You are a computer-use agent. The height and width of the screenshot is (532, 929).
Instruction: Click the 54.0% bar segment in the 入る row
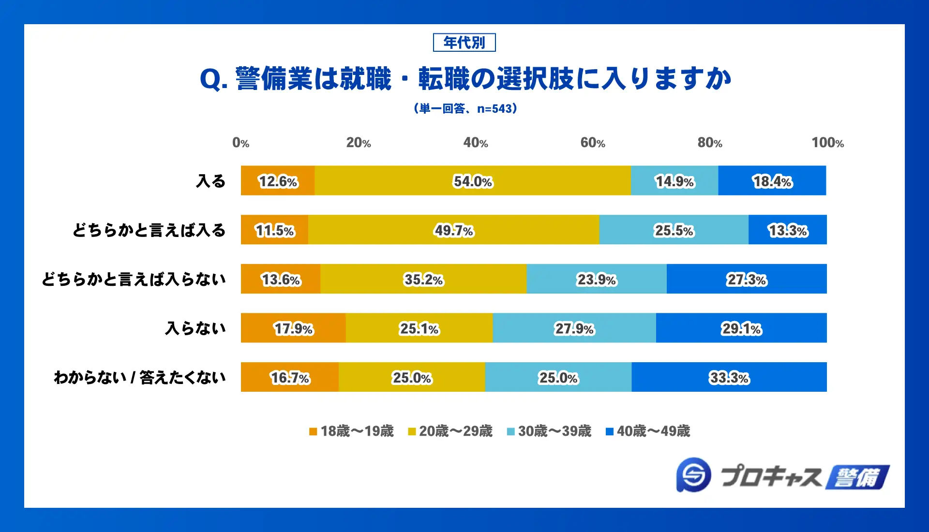(x=472, y=181)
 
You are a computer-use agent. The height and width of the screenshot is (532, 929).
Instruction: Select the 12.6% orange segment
(x=278, y=181)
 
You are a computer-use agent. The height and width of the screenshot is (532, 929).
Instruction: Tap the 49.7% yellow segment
(x=453, y=230)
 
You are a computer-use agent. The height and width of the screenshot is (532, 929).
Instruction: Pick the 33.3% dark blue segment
(x=729, y=377)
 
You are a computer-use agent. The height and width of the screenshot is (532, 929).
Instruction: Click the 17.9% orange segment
(x=293, y=328)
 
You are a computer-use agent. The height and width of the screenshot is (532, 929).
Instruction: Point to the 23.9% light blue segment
(x=596, y=279)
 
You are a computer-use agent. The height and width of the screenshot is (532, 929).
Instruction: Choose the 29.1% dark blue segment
(x=741, y=328)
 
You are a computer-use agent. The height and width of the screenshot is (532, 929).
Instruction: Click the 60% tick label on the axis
(x=593, y=143)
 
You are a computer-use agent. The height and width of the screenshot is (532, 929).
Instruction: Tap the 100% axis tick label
(x=827, y=143)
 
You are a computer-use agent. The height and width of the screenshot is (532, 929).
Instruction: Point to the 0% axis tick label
(x=241, y=143)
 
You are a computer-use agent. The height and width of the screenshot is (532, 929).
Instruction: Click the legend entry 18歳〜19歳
(x=352, y=431)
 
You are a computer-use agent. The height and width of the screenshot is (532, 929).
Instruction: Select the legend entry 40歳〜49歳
(x=648, y=431)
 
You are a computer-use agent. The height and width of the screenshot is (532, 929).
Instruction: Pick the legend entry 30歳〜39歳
(x=549, y=431)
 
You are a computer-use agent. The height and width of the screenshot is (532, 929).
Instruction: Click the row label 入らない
(x=195, y=328)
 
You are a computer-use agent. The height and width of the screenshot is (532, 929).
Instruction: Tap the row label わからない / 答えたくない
(x=139, y=377)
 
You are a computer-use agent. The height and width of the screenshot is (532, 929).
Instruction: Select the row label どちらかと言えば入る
(x=149, y=230)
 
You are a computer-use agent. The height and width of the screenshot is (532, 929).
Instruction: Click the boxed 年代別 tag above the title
(x=464, y=43)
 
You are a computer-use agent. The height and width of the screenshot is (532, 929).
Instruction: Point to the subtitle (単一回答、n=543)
(x=465, y=108)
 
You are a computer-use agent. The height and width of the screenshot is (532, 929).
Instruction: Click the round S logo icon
(x=694, y=475)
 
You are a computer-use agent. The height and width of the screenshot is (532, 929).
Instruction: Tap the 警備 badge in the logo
(x=857, y=477)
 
